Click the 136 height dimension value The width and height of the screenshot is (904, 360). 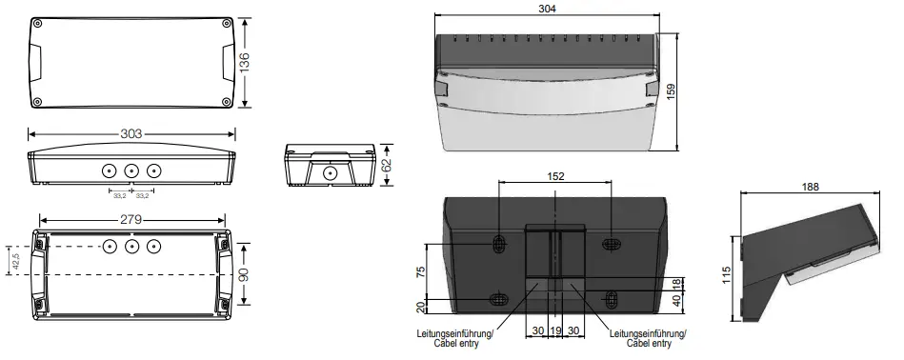245,63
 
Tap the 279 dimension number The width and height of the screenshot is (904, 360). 131,220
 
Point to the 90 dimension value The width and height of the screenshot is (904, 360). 244,273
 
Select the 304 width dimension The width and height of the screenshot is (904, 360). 547,9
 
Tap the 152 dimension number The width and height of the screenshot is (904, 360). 555,176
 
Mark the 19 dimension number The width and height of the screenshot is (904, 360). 555,330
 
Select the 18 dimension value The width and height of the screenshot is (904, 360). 677,283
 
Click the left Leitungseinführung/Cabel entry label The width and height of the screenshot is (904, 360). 454,339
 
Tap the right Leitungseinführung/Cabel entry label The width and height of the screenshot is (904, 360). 647,339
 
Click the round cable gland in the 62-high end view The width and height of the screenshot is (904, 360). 329,172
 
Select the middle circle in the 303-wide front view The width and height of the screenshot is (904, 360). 131,171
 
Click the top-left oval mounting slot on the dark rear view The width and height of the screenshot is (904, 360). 498,244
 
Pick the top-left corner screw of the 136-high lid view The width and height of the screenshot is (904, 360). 37,23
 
